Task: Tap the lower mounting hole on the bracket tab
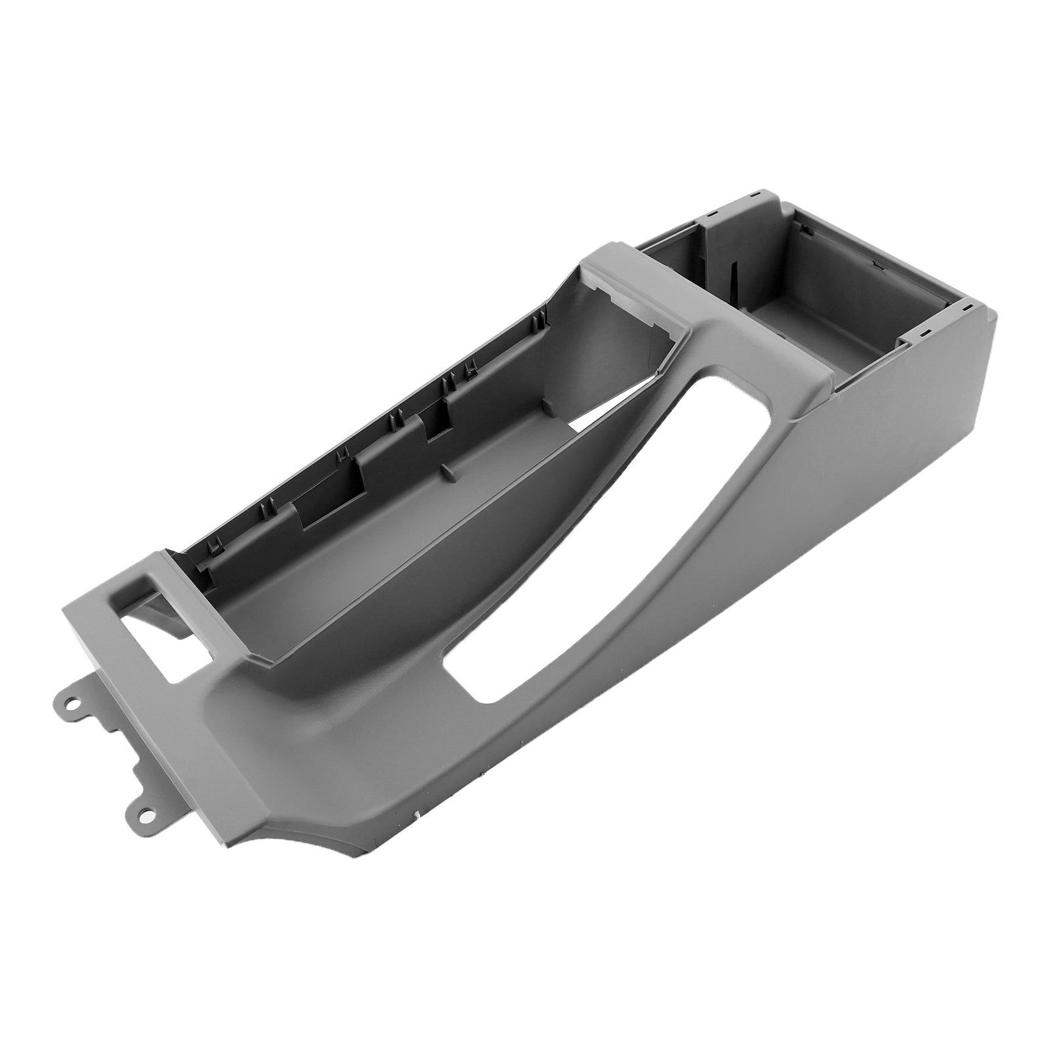click(x=146, y=814)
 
